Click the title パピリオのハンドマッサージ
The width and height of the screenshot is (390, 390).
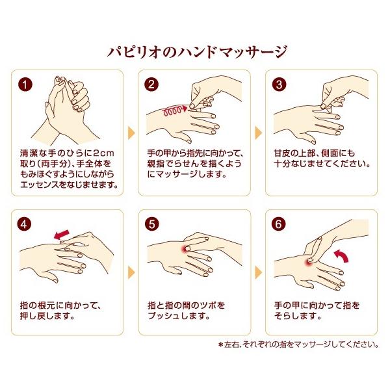197,52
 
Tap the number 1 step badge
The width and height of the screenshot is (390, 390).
25,84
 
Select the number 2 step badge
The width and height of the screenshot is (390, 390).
151,84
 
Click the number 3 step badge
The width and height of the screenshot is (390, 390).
279,84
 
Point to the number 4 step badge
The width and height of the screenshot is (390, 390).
24,224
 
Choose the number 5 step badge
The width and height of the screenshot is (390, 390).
151,224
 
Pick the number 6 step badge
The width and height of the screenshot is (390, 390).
279,224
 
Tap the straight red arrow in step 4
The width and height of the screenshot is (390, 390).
62,235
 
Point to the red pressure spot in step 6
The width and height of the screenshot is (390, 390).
309,262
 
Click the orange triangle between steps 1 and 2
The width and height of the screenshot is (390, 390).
131,133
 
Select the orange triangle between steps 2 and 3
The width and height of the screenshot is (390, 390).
259,133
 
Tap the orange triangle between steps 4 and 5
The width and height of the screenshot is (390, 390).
131,272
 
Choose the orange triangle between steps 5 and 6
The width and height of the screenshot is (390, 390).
259,272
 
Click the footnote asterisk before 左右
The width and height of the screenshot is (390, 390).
220,344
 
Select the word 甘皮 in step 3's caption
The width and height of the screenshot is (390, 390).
282,153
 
